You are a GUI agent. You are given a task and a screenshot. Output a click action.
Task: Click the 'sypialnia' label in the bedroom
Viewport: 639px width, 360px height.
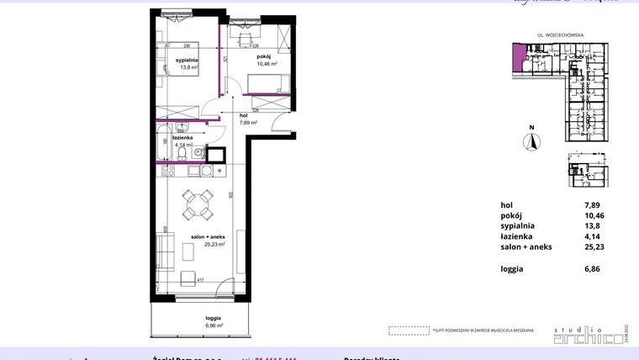point(187,61)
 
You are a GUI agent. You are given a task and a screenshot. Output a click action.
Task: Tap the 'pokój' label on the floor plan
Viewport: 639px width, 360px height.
point(267,56)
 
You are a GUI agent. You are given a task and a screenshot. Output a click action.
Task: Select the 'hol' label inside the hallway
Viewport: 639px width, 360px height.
point(244,115)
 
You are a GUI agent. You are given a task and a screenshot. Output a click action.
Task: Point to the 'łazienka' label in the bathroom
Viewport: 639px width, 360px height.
point(183,137)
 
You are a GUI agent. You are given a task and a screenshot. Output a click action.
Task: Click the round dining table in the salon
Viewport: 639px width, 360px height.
point(199,201)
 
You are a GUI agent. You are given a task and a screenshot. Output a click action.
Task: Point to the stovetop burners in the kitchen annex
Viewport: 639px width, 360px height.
point(166,171)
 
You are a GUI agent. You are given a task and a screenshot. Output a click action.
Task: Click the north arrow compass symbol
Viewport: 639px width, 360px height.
point(531,141)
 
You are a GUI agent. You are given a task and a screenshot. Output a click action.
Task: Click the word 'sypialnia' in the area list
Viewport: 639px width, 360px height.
point(518,226)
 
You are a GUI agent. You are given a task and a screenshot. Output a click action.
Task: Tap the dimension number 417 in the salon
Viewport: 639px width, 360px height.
point(200,280)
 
